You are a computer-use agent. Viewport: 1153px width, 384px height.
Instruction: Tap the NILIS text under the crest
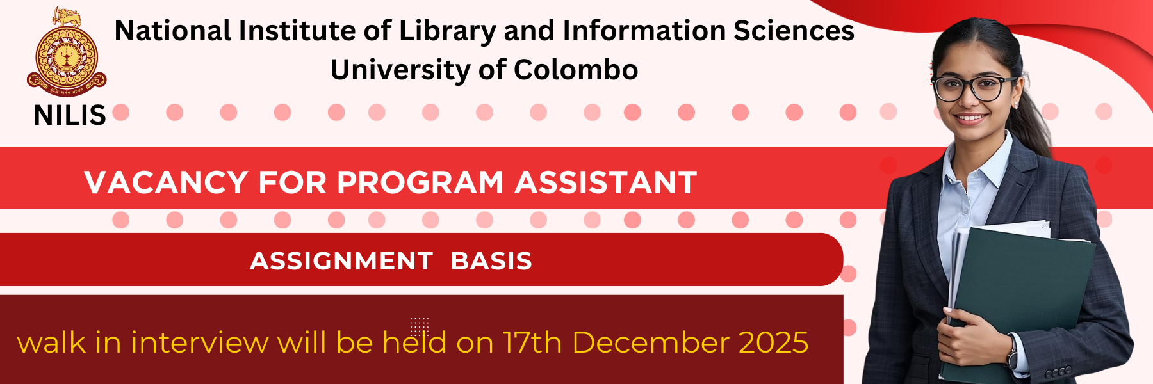coord(70,115)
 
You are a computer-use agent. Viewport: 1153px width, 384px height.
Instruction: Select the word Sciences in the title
coord(794,31)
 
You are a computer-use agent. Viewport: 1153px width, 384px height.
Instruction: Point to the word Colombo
coord(576,70)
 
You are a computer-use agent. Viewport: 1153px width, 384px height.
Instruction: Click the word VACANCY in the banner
coord(166,182)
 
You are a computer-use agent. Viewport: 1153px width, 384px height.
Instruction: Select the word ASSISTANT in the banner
coord(606,182)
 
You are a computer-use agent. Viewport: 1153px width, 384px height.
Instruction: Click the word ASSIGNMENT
coord(341,261)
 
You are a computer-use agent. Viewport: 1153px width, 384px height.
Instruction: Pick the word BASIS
coord(491,261)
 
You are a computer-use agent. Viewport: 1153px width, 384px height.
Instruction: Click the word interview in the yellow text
coord(200,342)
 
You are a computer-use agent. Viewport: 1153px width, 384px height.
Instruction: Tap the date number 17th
coord(532,342)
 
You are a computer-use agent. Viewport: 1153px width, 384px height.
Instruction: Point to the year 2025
coord(774,342)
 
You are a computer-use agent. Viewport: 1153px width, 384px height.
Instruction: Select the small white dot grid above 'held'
coord(420,326)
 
